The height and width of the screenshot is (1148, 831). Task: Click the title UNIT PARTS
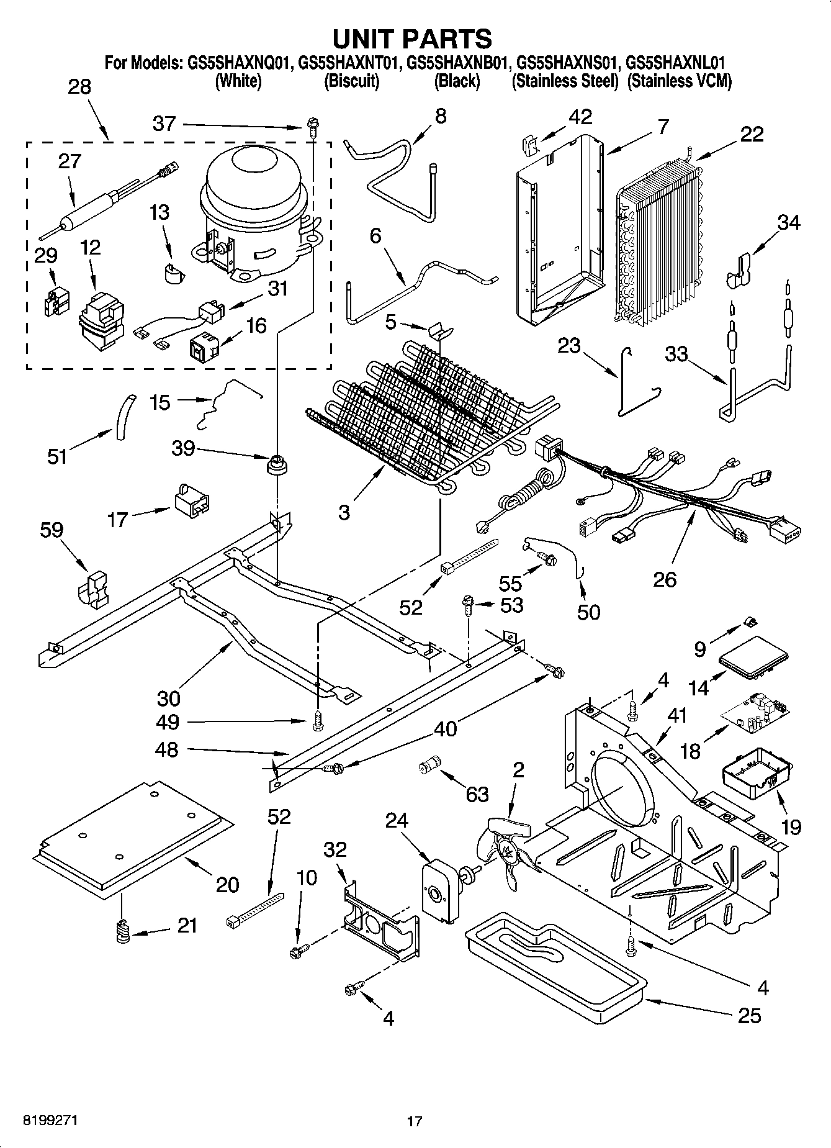point(413,38)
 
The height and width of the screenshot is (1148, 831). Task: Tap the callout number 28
point(79,87)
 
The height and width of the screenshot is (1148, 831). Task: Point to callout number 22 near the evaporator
point(752,134)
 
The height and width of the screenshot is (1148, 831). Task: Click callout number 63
point(477,794)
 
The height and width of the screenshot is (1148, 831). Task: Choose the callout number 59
point(52,530)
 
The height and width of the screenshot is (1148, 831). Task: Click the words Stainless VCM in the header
point(680,81)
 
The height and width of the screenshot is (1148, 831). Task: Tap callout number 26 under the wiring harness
point(665,579)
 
